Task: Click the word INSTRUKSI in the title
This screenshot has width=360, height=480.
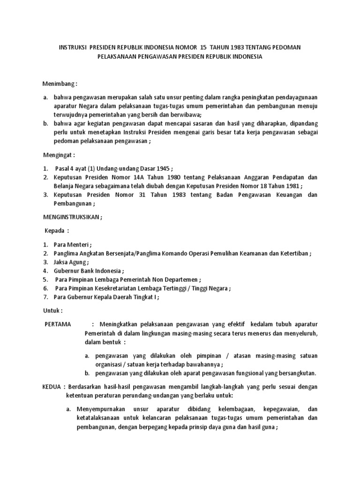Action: coord(73,47)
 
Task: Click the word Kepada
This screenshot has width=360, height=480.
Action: coord(55,231)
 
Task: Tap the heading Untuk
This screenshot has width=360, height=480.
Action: coord(52,311)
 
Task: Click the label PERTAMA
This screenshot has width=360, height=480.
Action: coord(58,324)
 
